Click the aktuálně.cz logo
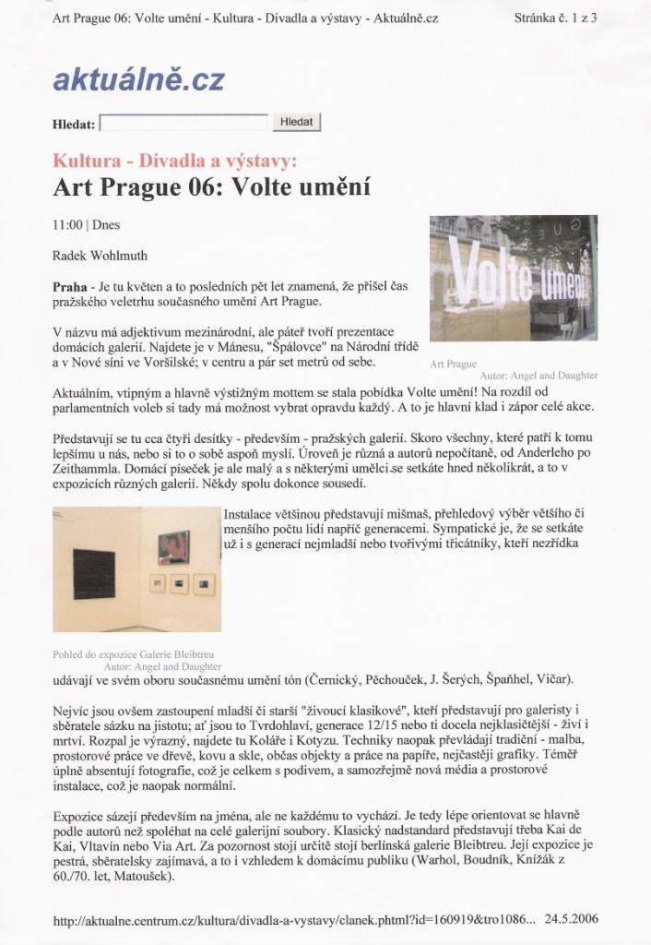[x=138, y=80]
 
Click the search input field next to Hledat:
[x=183, y=123]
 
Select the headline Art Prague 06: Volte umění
[x=212, y=188]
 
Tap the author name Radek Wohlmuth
[x=99, y=255]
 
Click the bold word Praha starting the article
[x=71, y=286]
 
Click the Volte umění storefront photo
[x=513, y=278]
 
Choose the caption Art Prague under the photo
[x=453, y=364]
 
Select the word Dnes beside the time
[x=106, y=224]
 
